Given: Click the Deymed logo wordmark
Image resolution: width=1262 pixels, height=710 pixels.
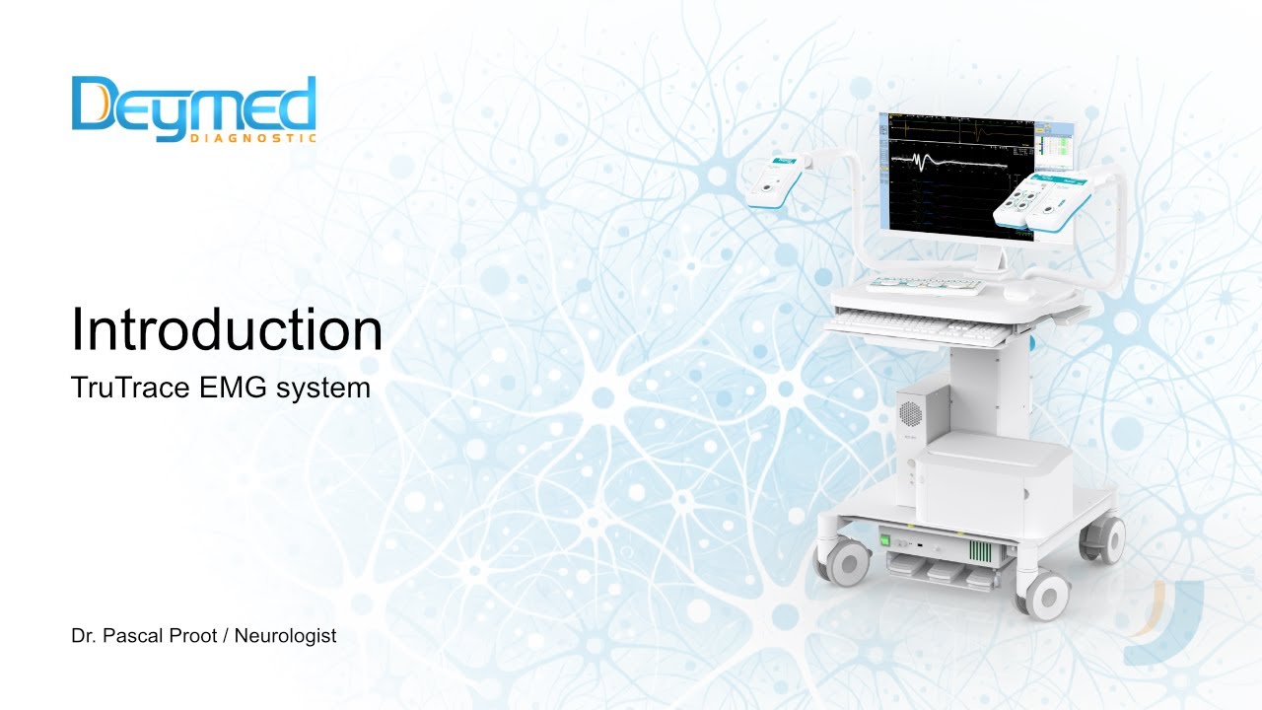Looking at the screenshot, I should point(193,105).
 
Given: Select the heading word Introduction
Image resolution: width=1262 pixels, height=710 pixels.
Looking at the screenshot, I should point(226,330).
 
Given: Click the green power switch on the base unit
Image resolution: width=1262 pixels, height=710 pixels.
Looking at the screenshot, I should point(885,539).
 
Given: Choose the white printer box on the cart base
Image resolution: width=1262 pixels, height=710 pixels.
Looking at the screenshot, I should point(991,483).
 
